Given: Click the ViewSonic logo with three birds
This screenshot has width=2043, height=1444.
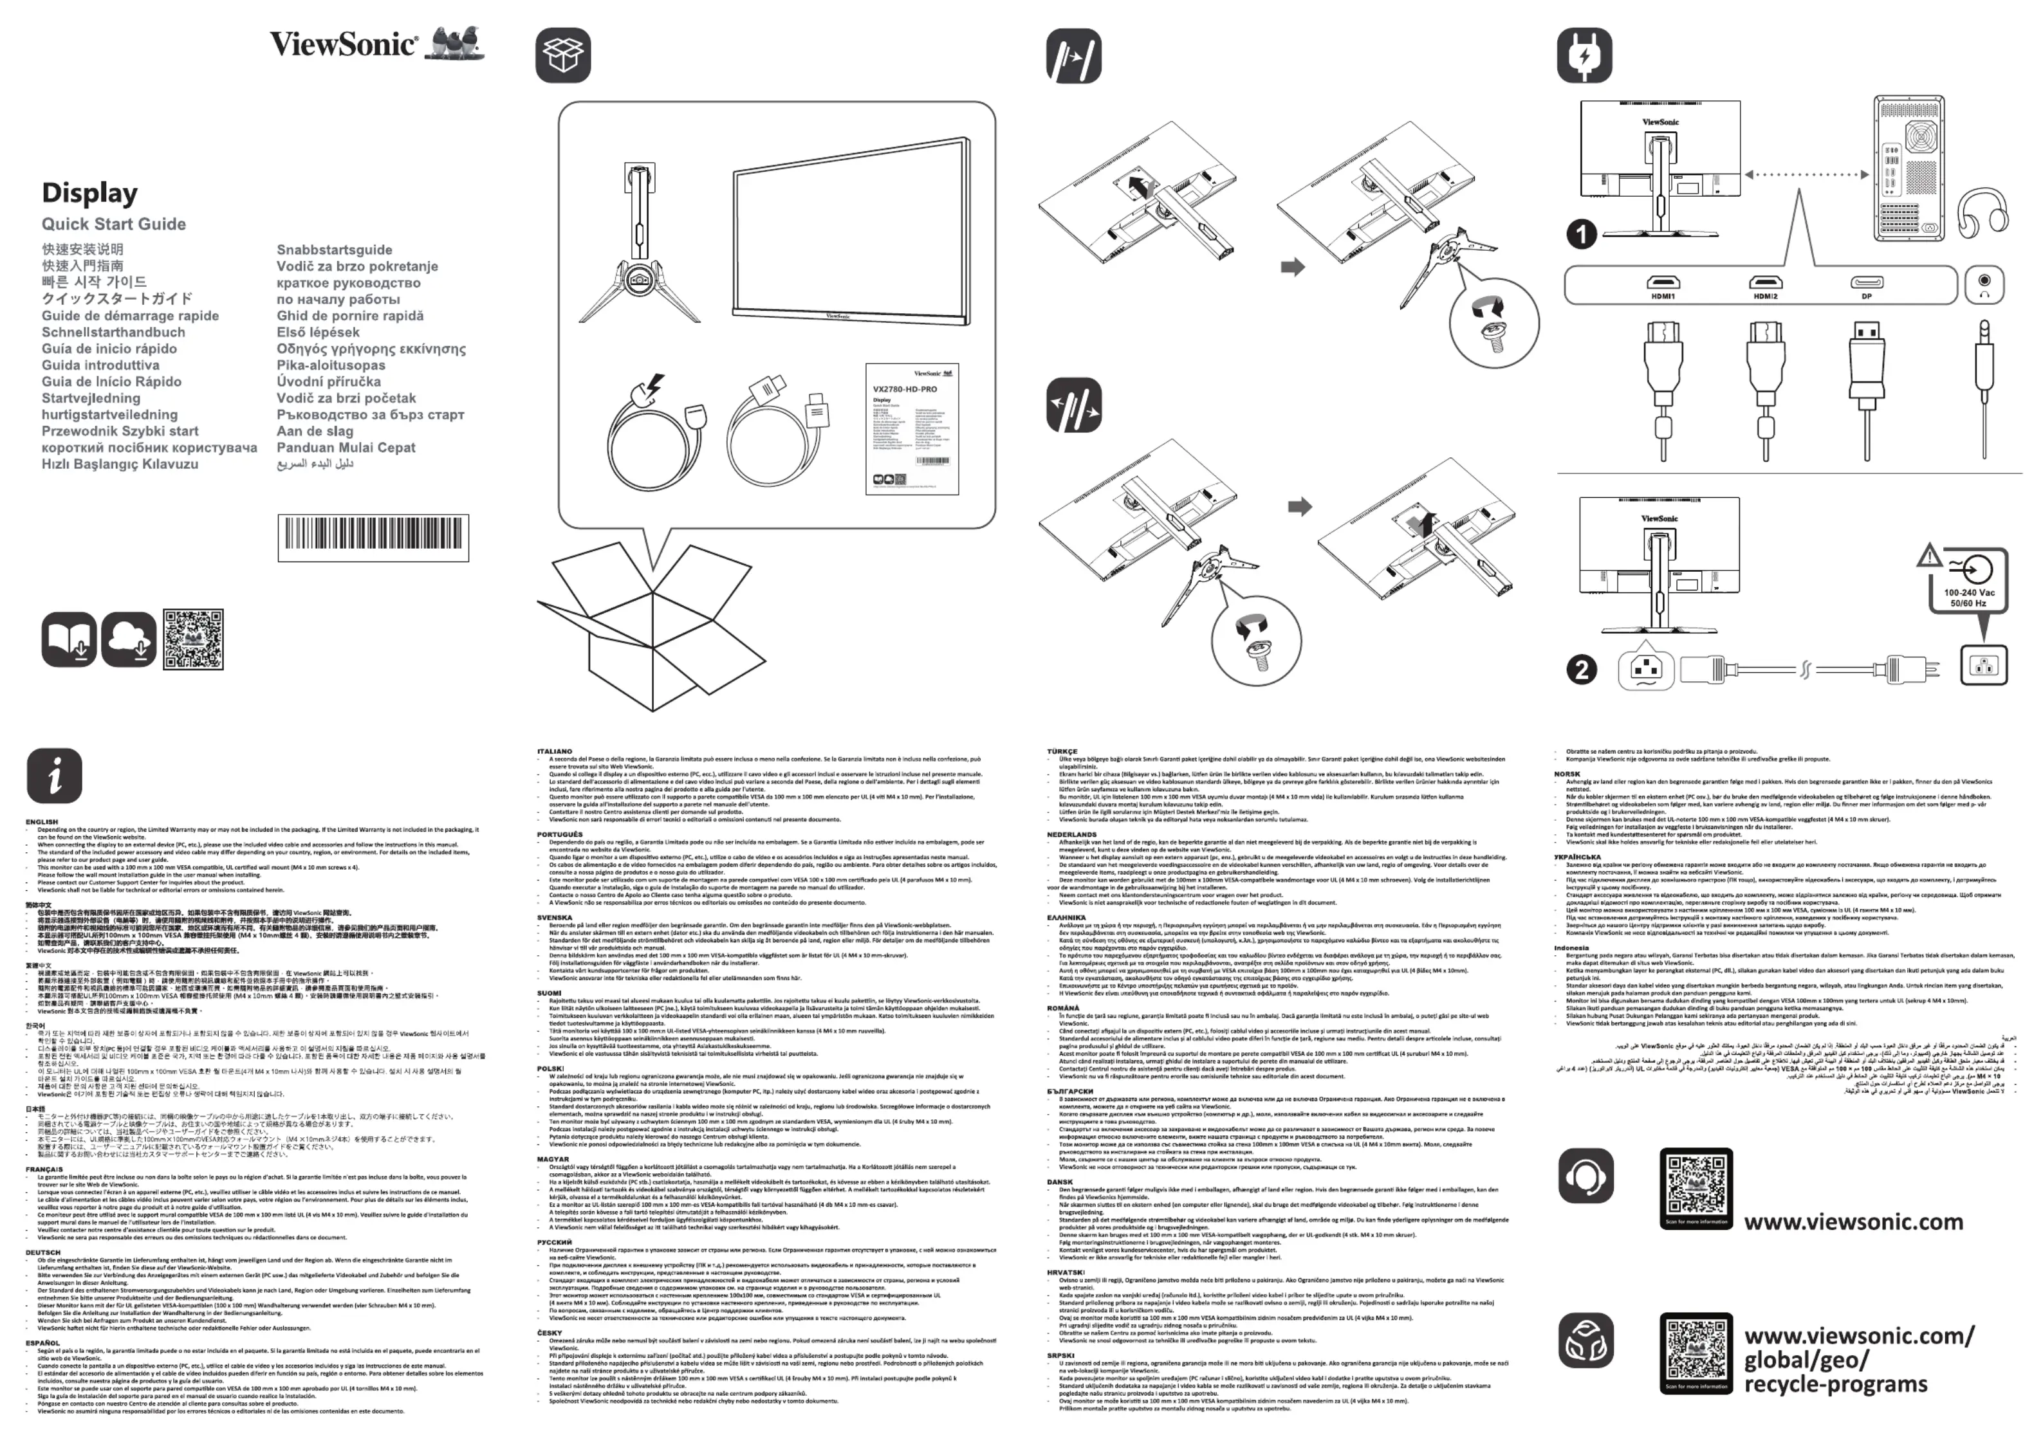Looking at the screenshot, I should [x=377, y=44].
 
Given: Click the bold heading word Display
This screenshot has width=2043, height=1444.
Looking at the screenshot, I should [x=90, y=193].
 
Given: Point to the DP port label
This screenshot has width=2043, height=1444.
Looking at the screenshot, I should [x=1867, y=297].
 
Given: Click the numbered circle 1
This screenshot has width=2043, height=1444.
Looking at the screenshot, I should [x=1581, y=234].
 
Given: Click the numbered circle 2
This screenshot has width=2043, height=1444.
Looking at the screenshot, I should [x=1581, y=669].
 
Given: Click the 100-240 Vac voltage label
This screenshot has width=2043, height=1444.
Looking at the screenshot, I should [x=1969, y=592].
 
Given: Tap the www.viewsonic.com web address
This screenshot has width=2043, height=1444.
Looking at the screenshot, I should [x=1853, y=1221].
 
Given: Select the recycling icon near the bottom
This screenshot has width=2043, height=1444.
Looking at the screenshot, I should [x=1585, y=1340].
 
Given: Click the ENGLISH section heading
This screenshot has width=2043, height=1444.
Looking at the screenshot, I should [x=42, y=822].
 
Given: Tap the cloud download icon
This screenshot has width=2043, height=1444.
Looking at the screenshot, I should [x=129, y=639].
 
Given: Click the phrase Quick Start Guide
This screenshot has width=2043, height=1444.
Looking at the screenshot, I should [x=114, y=224].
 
